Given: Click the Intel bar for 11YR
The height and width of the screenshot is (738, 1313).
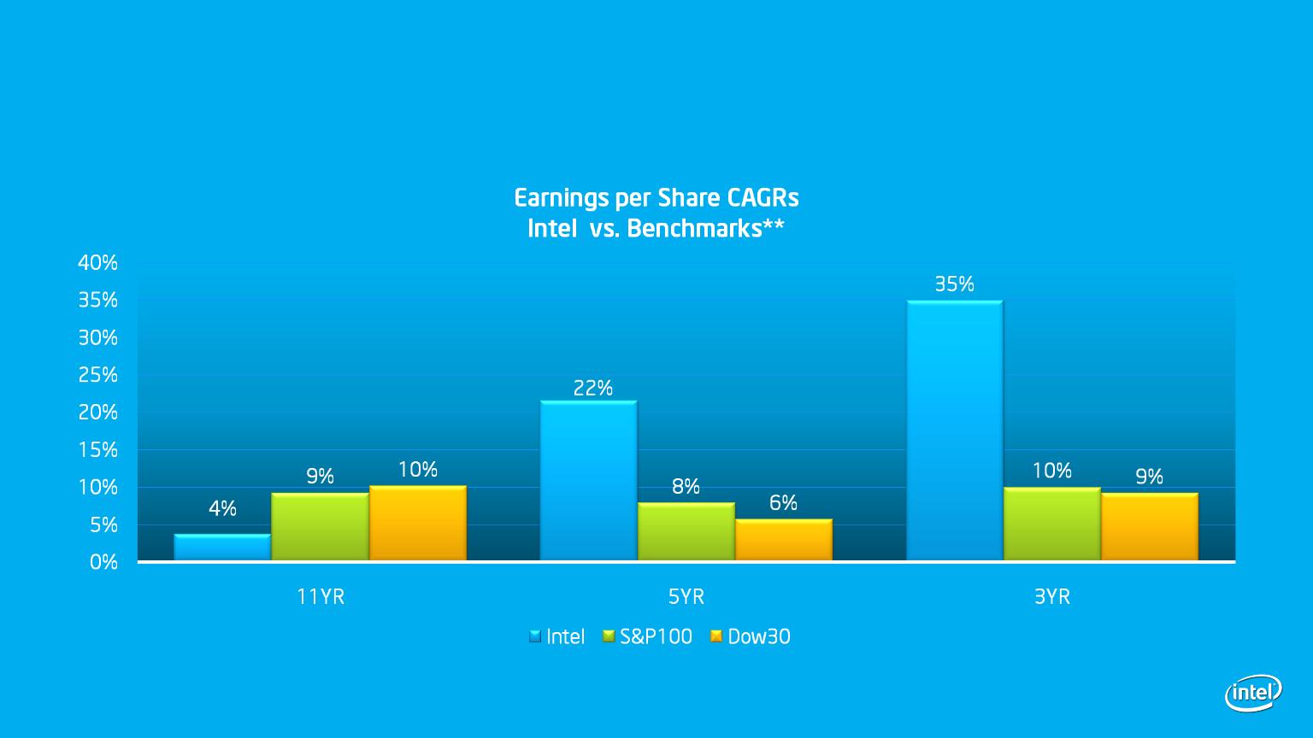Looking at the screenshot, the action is click(x=222, y=547).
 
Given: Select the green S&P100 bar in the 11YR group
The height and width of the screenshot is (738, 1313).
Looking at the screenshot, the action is click(x=320, y=526).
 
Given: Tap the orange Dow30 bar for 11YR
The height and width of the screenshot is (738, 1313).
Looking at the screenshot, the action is click(x=418, y=523).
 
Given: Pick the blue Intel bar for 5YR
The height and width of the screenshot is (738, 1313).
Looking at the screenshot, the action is click(x=588, y=481).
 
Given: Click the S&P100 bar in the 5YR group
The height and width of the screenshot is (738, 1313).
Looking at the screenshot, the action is click(x=686, y=532).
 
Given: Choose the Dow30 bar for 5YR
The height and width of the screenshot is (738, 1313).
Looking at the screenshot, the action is click(x=784, y=540).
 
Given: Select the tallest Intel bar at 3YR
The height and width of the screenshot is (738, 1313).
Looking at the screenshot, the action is click(x=954, y=430).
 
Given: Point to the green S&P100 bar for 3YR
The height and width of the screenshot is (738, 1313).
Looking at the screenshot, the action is click(x=1052, y=524).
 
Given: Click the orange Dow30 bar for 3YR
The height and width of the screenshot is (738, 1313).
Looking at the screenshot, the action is click(x=1150, y=526).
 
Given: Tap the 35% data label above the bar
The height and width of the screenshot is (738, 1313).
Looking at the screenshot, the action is click(x=954, y=284).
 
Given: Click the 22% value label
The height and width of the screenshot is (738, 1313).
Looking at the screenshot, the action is click(x=592, y=388).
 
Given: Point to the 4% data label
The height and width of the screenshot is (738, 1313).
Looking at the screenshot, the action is click(x=223, y=508).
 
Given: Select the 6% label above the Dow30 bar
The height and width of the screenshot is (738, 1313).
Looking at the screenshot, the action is click(x=783, y=502).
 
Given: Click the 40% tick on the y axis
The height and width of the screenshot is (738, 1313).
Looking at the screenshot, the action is click(x=98, y=263).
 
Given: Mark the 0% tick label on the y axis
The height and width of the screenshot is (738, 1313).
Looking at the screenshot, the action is click(x=103, y=562).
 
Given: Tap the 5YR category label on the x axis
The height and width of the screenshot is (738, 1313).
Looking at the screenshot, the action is click(x=686, y=597).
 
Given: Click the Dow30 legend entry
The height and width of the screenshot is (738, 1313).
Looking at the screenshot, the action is click(x=751, y=636).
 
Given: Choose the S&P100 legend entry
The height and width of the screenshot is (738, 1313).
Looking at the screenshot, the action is click(x=648, y=636).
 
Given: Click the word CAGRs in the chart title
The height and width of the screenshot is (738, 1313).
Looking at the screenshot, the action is click(x=762, y=198).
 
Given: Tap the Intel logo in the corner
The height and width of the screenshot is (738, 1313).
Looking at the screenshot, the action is click(x=1253, y=693).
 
